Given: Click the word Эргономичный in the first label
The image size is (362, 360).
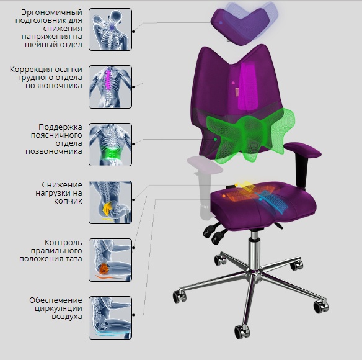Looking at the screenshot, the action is [52, 12].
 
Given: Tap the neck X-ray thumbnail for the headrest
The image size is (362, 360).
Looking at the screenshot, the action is [110, 29].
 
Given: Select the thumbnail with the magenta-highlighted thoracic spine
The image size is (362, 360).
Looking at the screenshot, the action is [110, 87].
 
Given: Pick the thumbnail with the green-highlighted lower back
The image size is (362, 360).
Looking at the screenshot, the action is [110, 145].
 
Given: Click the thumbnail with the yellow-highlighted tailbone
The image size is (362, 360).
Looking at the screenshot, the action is [110, 202].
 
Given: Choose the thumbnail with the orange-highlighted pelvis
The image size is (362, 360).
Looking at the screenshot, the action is [110, 260].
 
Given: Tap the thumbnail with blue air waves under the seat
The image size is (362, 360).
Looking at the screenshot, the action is [110, 318].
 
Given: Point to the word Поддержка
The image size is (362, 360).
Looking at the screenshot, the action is [60, 127].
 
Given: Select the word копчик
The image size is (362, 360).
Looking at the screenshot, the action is [68, 201].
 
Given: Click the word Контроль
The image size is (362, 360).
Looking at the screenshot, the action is [63, 243].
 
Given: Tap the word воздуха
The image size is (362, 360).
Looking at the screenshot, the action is [67, 317].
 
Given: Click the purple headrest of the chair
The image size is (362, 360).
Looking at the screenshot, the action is [238, 27].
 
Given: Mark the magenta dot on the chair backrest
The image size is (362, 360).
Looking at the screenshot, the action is [233, 83].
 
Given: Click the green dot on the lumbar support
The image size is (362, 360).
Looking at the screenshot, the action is [215, 140].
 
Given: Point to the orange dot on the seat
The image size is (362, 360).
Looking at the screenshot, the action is [224, 196].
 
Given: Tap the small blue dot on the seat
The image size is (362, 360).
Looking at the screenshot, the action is [260, 199].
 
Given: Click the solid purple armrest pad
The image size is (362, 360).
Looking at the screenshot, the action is [302, 150].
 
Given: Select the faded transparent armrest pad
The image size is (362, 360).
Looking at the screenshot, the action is [205, 164].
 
